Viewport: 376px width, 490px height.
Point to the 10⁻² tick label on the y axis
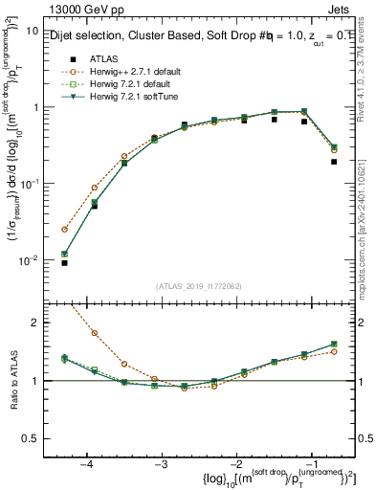point(28,260)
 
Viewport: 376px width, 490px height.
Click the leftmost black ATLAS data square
point(65,262)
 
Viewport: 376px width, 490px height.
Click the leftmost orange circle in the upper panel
point(65,230)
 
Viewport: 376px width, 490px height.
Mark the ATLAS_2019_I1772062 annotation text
point(197,286)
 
